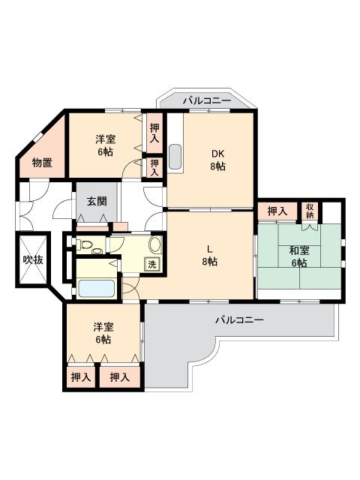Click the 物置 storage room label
pos(42,163)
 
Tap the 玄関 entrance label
pos(97,201)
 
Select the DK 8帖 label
pos(218,160)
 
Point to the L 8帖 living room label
pos(210,255)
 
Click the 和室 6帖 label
pos(299,256)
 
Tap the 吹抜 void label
pos(33,259)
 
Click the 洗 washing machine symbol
pos(152,264)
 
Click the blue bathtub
pos(97,288)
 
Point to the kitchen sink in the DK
pos(175,157)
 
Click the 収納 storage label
pos(310,211)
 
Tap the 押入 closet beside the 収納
pos(277,211)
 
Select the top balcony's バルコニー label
pos(207,100)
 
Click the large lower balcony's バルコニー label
pos(240,320)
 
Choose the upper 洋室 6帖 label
pos(105,145)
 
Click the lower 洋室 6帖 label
pos(103,333)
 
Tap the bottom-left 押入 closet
pos(81,376)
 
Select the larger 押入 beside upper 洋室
pos(154,133)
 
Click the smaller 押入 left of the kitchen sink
pos(154,167)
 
